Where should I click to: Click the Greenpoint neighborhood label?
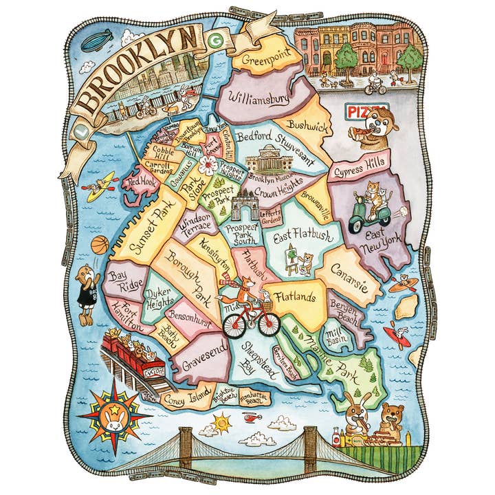click(x=265, y=59)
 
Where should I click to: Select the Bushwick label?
click(x=308, y=126)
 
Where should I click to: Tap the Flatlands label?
click(x=294, y=297)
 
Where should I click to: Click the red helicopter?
click(x=252, y=417)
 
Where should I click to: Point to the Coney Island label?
click(x=186, y=395)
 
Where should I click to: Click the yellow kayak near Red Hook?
click(x=100, y=186)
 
